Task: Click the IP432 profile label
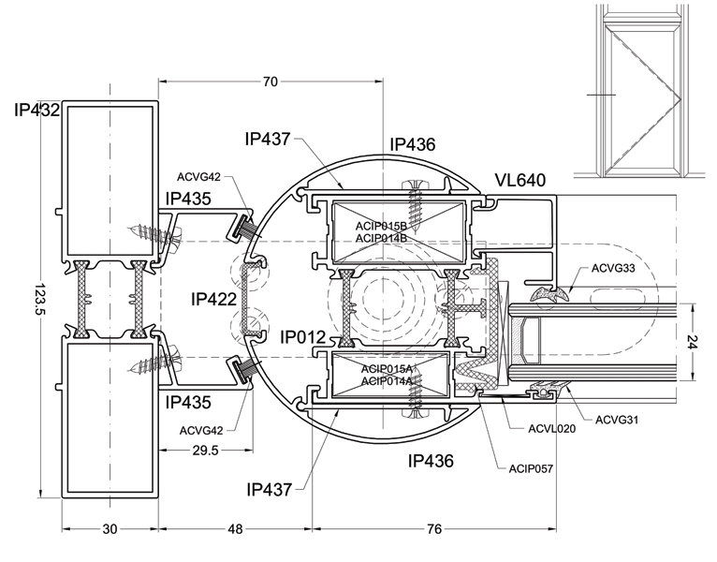[x=37, y=110]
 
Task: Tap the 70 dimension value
[x=271, y=81]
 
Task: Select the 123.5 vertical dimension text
[x=39, y=299]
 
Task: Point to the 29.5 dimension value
[x=205, y=451]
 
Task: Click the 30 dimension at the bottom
[x=110, y=529]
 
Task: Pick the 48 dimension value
[x=235, y=529]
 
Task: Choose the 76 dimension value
[x=434, y=529]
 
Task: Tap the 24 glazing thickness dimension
[x=694, y=341]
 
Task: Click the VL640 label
[x=520, y=181]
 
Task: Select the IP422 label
[x=214, y=300]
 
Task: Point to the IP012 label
[x=302, y=337]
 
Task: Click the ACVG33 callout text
[x=613, y=268]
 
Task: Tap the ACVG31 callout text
[x=617, y=420]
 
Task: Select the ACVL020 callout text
[x=552, y=429]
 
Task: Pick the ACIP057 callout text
[x=531, y=469]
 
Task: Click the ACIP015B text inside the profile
[x=381, y=226]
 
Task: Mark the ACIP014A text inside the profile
[x=387, y=381]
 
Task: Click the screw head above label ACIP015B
[x=416, y=184]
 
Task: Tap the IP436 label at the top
[x=413, y=144]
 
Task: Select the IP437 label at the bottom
[x=269, y=490]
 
